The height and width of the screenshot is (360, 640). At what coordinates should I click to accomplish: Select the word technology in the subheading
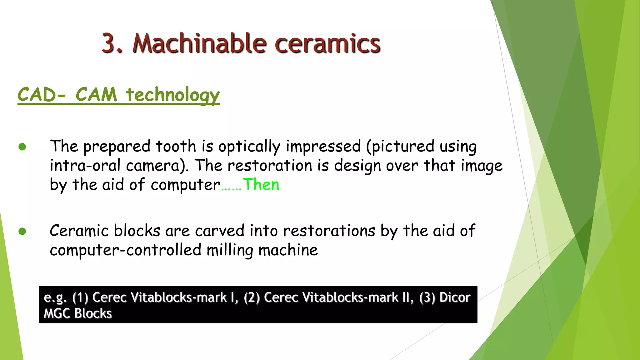click(x=172, y=95)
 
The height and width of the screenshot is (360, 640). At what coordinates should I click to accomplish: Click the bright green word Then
click(x=261, y=185)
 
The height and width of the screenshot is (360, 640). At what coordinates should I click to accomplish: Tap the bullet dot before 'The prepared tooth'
click(x=22, y=147)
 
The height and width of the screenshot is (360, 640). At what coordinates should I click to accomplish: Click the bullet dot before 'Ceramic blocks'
click(x=22, y=231)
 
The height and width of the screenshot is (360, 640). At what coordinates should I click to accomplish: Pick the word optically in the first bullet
click(x=249, y=147)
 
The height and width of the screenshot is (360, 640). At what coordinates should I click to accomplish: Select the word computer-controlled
click(x=125, y=250)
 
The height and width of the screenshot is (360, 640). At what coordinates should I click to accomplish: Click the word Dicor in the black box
click(x=455, y=297)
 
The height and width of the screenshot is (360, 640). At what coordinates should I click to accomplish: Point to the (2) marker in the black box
click(x=252, y=297)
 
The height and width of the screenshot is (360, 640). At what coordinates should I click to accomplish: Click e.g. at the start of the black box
click(x=55, y=297)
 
